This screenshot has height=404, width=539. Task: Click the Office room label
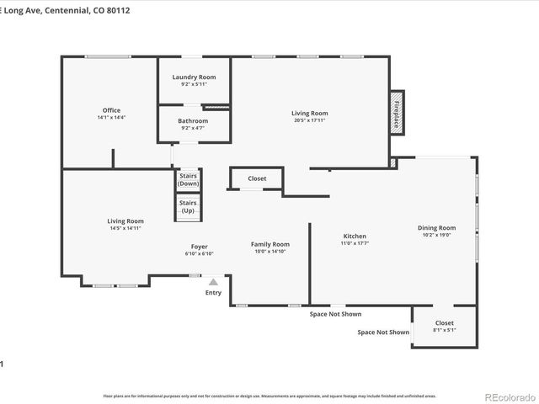pos(111,110)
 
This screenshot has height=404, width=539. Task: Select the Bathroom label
pos(193,120)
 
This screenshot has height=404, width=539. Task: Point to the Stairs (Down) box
pos(188,179)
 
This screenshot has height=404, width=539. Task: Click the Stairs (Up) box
pos(188,206)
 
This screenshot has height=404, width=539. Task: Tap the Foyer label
pos(199,247)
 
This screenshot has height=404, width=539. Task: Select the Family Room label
pos(269,244)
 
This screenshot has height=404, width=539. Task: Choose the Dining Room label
pos(436,227)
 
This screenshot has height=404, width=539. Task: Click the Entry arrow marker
pos(214,283)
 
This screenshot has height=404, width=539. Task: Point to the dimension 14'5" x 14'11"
pos(125,228)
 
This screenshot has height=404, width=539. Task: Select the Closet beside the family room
pos(257,178)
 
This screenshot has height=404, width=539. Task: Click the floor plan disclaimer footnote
pos(269,395)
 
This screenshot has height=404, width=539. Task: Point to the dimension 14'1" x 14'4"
pos(111,118)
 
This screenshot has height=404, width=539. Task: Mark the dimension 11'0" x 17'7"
pos(355,243)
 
